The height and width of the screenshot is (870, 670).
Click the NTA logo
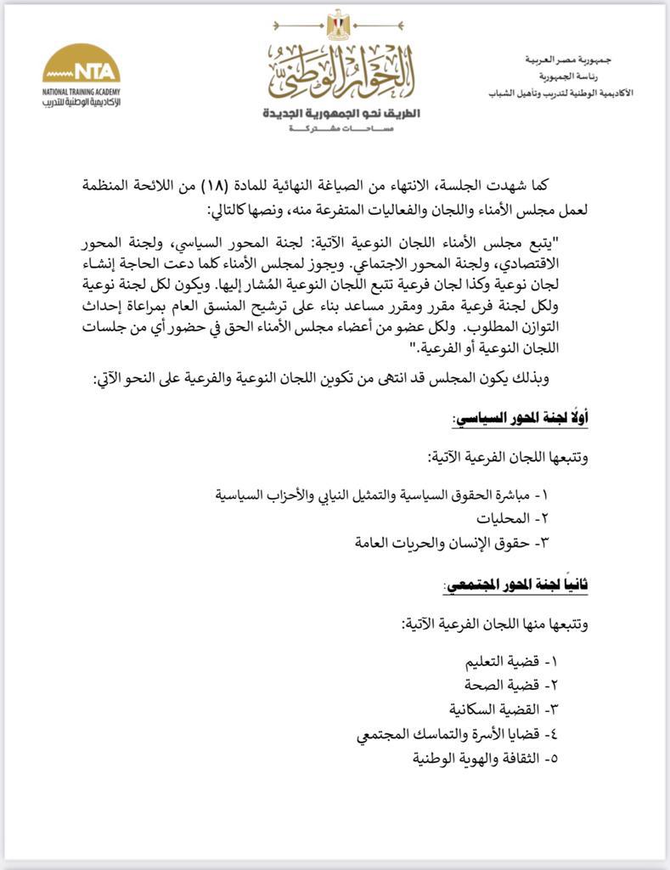[81, 66]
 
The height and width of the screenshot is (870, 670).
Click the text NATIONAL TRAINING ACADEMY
[81, 89]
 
